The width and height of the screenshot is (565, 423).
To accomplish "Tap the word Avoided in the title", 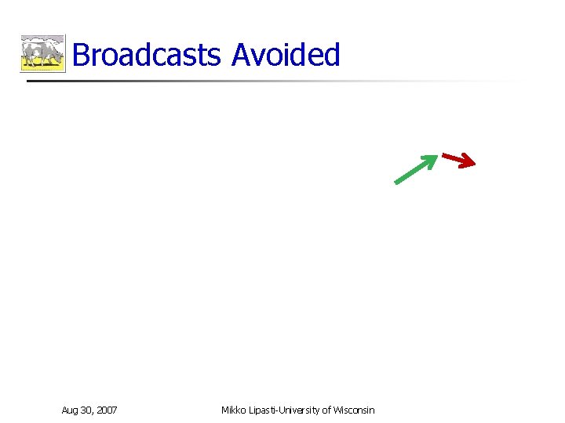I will [x=286, y=56].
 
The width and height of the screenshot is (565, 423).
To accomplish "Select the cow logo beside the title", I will [x=42, y=53].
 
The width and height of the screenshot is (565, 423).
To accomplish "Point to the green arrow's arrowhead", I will [x=431, y=159].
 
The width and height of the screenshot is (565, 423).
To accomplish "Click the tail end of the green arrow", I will [x=396, y=183].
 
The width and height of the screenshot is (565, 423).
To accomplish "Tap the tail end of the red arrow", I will [x=444, y=155].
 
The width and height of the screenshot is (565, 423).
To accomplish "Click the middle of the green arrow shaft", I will [x=413, y=171].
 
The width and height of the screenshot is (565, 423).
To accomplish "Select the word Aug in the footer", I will [x=70, y=410].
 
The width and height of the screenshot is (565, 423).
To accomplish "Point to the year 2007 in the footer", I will [x=108, y=410].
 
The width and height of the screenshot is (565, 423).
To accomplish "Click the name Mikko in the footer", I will [x=233, y=410].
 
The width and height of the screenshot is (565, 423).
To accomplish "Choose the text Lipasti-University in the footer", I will [x=282, y=410].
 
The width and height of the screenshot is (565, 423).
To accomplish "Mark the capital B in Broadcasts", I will [x=80, y=56].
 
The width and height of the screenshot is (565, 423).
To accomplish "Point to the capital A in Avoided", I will [x=242, y=56].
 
